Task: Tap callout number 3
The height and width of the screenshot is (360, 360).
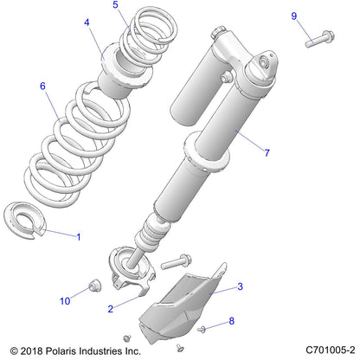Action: coord(240,286)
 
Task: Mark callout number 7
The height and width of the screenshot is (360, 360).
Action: coord(267,153)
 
